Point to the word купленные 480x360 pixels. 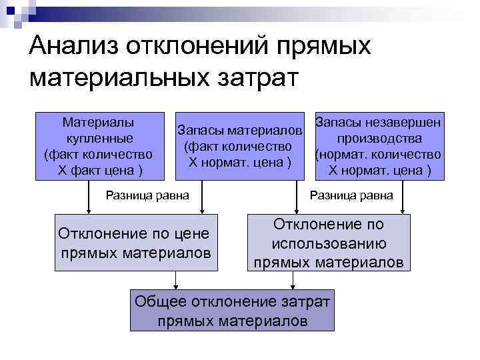coord(99,139)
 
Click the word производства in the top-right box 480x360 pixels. coord(379,139)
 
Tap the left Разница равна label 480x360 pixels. coord(148,196)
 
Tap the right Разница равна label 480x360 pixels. coord(351,196)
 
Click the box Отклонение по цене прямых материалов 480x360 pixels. coord(136,243)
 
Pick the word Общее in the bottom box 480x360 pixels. coord(161,301)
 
